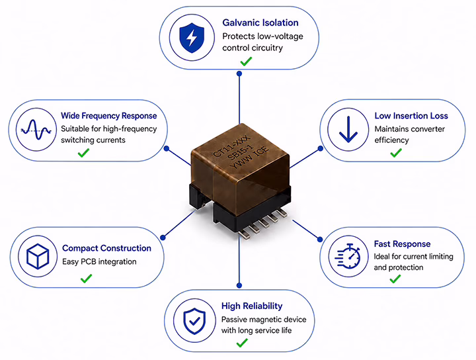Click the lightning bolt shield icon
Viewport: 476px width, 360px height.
(192, 38)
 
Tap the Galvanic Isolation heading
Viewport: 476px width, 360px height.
(260, 22)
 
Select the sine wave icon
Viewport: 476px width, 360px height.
(36, 130)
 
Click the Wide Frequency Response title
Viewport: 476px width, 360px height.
(108, 116)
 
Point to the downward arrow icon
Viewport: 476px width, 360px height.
(348, 130)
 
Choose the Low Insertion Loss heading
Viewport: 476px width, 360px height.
(411, 116)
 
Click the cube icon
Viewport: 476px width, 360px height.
(38, 256)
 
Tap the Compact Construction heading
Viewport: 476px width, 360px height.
(106, 248)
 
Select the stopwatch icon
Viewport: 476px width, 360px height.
(348, 256)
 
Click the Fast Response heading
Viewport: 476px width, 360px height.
(402, 244)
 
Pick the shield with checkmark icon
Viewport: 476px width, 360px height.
(194, 321)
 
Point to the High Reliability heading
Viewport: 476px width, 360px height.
(252, 306)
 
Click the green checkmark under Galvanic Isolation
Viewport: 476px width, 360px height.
(246, 61)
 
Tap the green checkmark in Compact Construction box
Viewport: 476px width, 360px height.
(86, 279)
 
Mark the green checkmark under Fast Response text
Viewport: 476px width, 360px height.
(395, 279)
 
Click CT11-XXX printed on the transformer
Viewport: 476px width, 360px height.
(231, 146)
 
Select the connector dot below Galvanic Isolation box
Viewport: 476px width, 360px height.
(239, 73)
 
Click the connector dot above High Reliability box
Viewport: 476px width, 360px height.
(239, 285)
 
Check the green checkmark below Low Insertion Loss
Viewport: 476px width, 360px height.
(396, 152)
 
